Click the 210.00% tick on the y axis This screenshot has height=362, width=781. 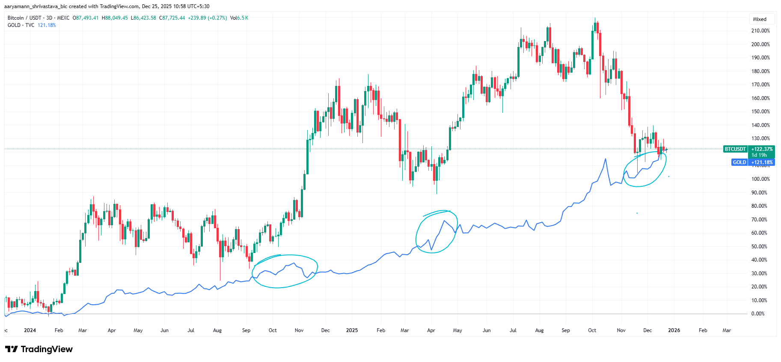coord(760,31)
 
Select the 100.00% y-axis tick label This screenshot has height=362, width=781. coord(760,179)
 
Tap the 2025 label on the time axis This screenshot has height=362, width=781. coord(352,330)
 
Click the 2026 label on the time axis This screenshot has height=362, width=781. coord(674,330)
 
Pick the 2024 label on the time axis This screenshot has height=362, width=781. coord(30,330)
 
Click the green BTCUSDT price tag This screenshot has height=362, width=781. coord(735,149)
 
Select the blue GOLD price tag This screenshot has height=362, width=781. coord(739,162)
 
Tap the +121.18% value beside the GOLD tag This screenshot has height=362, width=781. coord(762,162)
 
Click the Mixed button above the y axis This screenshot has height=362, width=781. coord(760,19)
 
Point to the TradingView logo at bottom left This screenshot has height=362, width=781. coord(39,349)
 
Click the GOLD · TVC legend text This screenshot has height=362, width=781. coord(21,25)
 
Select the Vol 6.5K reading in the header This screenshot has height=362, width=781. coord(239,18)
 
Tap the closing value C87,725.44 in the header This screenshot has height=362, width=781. coord(172,18)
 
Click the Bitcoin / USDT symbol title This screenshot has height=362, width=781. coord(24,18)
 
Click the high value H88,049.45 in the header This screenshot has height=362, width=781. coord(115,18)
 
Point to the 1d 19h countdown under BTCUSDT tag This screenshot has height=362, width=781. coord(759,155)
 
